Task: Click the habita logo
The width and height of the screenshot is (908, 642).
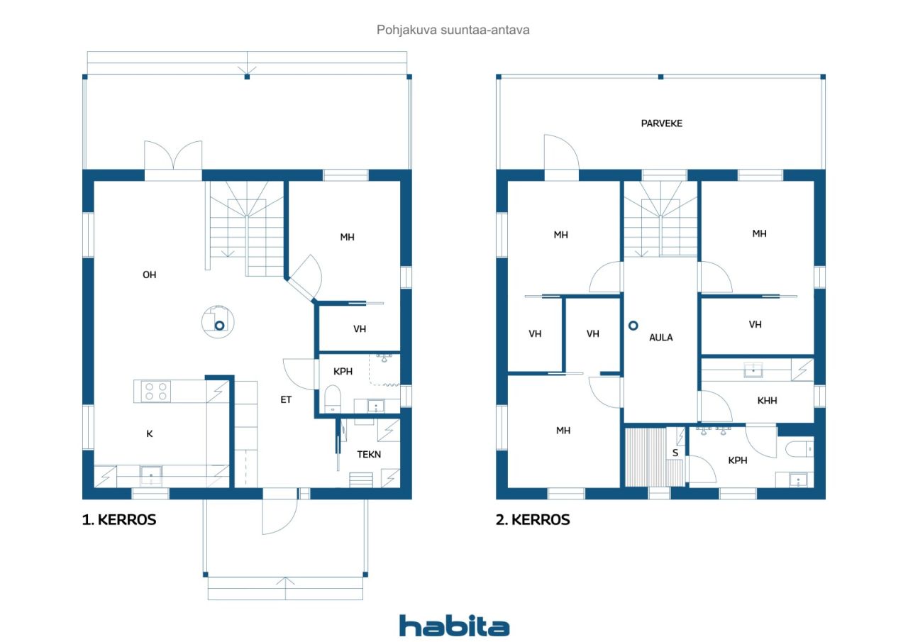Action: click(454, 626)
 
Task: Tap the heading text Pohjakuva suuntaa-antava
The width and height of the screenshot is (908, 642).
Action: click(453, 30)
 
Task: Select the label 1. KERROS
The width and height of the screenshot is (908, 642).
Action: click(118, 519)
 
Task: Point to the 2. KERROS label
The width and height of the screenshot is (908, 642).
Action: click(533, 519)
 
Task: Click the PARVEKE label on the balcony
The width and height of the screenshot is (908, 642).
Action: click(662, 123)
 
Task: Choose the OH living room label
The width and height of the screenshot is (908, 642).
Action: click(149, 275)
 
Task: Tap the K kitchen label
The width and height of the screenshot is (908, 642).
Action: click(150, 433)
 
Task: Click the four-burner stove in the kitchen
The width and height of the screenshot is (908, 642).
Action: click(156, 391)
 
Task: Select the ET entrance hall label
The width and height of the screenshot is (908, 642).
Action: click(286, 399)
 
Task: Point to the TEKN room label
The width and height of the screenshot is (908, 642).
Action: click(369, 454)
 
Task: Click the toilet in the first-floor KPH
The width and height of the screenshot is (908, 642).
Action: click(333, 399)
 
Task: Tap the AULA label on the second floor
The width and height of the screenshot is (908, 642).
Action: click(660, 337)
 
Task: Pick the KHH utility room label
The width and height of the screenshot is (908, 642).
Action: click(767, 400)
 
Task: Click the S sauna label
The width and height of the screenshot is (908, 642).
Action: click(675, 453)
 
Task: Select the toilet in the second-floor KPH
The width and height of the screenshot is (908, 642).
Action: click(799, 449)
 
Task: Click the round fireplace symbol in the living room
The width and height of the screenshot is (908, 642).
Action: click(218, 322)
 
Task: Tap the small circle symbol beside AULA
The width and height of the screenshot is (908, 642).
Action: click(633, 326)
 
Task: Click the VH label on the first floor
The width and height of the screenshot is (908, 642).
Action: click(360, 328)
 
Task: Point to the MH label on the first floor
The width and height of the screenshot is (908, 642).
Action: click(347, 237)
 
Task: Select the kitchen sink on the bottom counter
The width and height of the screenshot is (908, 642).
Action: click(151, 475)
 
